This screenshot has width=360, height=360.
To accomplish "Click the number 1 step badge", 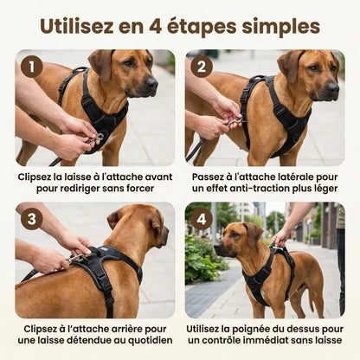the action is coord(32,67).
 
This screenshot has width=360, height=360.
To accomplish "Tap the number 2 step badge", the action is coord(202,67).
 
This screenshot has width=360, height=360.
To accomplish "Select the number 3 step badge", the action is coord(32,219).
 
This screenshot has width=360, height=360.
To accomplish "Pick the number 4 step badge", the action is coord(202,219).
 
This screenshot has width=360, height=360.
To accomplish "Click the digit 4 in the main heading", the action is coord(156,27).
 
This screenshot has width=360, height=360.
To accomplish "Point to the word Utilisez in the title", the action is coord(77,27).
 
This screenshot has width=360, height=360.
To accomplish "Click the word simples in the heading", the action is coord(281,28).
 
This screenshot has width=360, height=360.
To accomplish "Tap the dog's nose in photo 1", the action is coord(151,83).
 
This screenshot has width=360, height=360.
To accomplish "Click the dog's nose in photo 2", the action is coord(333,87).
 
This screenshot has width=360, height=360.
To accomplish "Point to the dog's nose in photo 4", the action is coord(217,246).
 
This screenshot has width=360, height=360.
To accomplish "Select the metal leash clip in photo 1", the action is coord(94,139).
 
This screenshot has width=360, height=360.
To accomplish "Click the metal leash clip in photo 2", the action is coord(235,122).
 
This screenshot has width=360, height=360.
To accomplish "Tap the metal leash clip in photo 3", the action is coord(75,258).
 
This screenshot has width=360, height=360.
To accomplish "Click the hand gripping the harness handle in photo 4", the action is coord(280,238).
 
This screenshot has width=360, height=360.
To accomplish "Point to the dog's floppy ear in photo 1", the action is coord(100,64).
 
